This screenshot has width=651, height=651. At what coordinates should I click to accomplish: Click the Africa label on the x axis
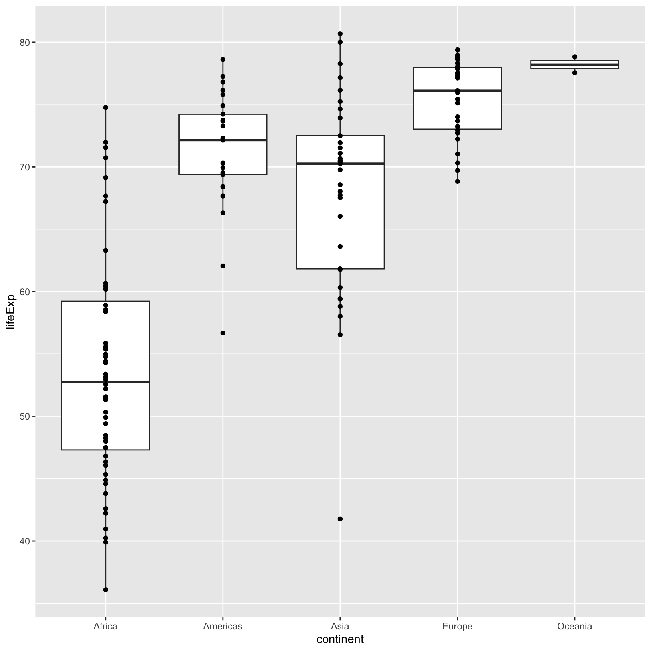105,626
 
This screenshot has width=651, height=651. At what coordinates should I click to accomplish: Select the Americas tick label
223,626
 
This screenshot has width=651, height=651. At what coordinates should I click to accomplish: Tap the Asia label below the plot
340,626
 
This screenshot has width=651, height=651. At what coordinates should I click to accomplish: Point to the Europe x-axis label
457,626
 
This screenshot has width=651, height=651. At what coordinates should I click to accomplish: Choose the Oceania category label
574,626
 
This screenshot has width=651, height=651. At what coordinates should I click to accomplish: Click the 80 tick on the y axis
25,42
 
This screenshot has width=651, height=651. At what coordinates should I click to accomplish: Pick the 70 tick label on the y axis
25,167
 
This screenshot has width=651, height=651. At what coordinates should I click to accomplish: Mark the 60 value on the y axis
25,292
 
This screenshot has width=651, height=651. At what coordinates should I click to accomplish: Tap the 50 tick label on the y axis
25,416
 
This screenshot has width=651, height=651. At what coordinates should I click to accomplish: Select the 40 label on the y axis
25,541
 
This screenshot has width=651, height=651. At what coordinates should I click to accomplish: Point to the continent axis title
340,639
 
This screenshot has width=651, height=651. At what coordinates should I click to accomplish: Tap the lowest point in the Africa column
106,590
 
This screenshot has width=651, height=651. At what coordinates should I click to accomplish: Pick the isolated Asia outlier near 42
340,519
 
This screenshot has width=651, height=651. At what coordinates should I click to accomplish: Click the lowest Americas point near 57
223,333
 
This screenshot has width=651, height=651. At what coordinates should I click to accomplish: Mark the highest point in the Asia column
340,34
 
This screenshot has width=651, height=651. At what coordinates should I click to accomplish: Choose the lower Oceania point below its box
575,73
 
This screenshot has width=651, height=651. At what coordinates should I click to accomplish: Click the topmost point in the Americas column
223,59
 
